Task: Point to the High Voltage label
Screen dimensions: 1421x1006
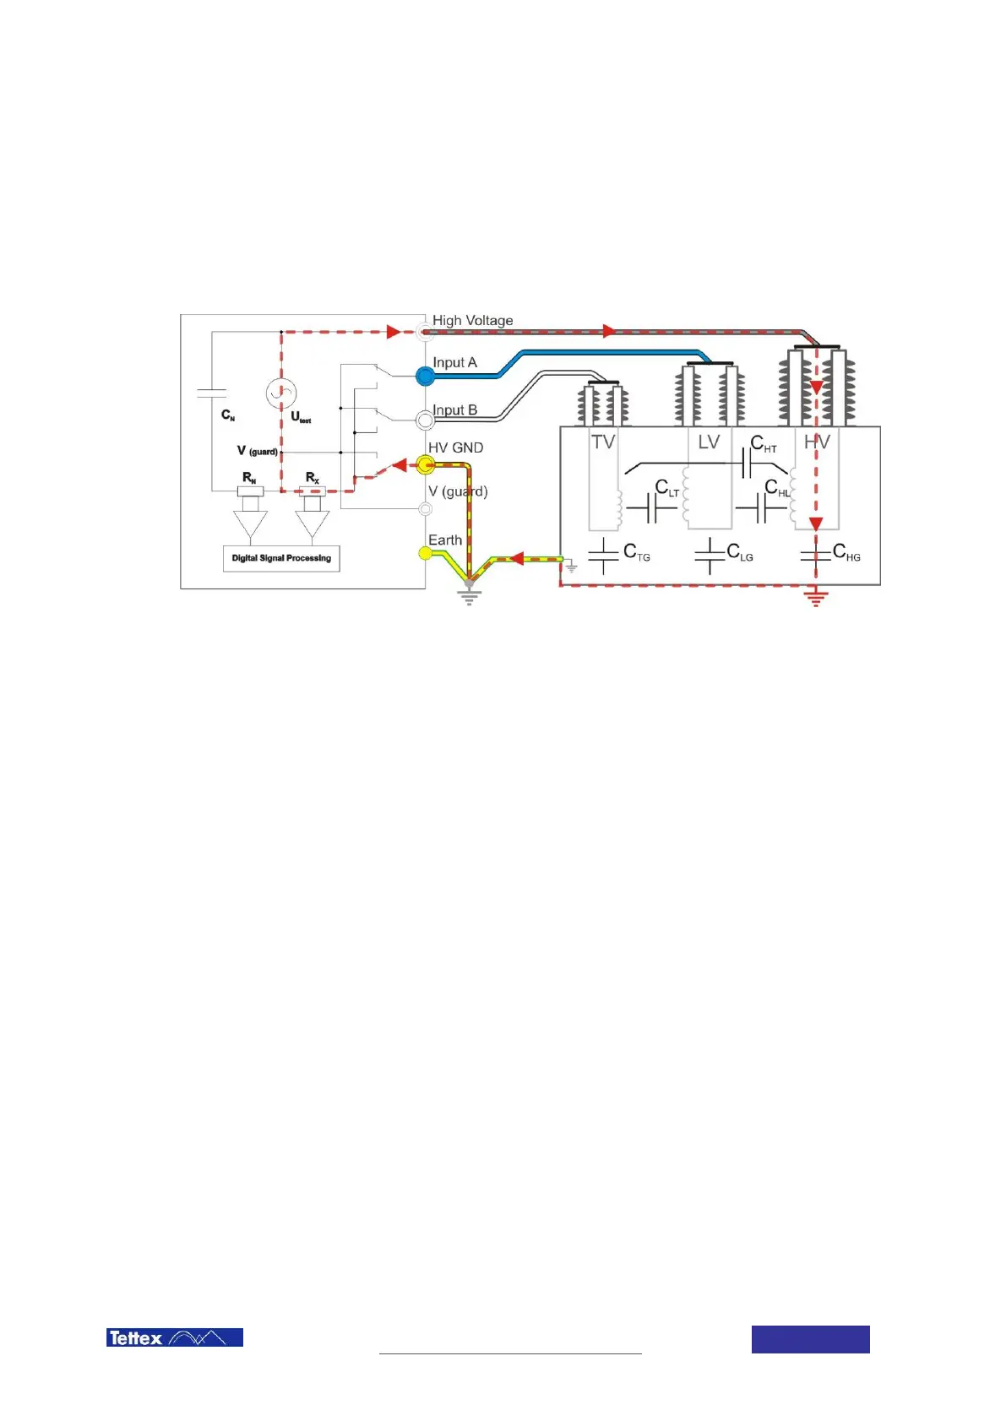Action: pyautogui.click(x=472, y=321)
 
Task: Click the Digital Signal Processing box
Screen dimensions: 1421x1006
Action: pyautogui.click(x=281, y=558)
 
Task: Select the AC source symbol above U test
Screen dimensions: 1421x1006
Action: pyautogui.click(x=280, y=393)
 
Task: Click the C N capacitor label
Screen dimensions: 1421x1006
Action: pyautogui.click(x=228, y=415)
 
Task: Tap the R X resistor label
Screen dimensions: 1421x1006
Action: pyautogui.click(x=313, y=478)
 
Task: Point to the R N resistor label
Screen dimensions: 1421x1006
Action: pyautogui.click(x=249, y=479)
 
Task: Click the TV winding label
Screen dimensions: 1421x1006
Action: pyautogui.click(x=603, y=442)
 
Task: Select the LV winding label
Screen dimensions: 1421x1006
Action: pyautogui.click(x=709, y=442)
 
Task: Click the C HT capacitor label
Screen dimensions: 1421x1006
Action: pyautogui.click(x=763, y=444)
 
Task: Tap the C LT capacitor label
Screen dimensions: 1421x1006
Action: pyautogui.click(x=667, y=489)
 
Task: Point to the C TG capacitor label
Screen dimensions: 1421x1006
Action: pyautogui.click(x=636, y=552)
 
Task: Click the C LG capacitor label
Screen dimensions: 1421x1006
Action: pyautogui.click(x=740, y=552)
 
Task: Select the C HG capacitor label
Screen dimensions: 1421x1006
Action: pyautogui.click(x=846, y=552)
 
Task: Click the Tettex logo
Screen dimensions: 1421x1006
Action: pyautogui.click(x=174, y=1337)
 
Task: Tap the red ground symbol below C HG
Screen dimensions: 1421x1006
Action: pyautogui.click(x=816, y=599)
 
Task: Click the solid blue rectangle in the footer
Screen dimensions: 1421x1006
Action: pyautogui.click(x=810, y=1339)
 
